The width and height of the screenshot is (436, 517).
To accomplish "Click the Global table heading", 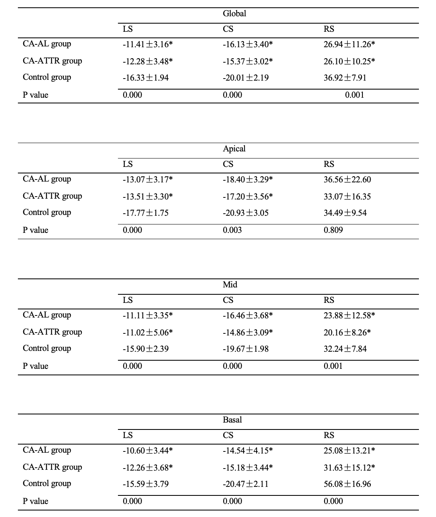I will coord(234,13).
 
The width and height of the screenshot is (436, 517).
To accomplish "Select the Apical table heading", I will coord(234,149).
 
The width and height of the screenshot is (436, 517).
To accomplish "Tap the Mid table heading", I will coord(230,285).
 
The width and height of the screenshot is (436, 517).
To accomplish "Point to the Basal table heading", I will coord(232,420).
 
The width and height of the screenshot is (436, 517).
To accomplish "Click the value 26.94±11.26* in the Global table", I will coord(349,44).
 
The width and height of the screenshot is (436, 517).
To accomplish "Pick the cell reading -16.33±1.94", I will coord(145,78).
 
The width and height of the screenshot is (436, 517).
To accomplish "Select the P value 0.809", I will coord(333,230).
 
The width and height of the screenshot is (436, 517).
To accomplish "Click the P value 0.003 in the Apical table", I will coord(232,230).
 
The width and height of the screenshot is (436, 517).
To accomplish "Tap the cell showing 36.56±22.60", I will coord(347,180).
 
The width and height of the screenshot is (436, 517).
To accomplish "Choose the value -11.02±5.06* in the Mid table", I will coord(147,332).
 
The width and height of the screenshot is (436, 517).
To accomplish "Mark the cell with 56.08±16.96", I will coord(347,484).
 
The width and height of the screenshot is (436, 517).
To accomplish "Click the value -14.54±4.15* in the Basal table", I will coord(247,451).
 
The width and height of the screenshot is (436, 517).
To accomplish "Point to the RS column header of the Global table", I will coord(329,29).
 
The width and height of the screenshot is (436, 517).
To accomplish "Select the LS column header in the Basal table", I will coord(128,435).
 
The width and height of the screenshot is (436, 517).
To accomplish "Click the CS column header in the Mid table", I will coord(228,300).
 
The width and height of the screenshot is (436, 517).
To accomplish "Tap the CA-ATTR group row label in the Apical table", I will coord(52,196).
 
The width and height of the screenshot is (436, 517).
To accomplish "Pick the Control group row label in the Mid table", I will coord(47,348).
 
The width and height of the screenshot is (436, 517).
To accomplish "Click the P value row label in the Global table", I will coord(35,95).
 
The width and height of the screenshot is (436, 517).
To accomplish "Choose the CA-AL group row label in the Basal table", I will coord(47,450).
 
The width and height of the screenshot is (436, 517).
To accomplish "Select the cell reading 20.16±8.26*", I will coord(347,332).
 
